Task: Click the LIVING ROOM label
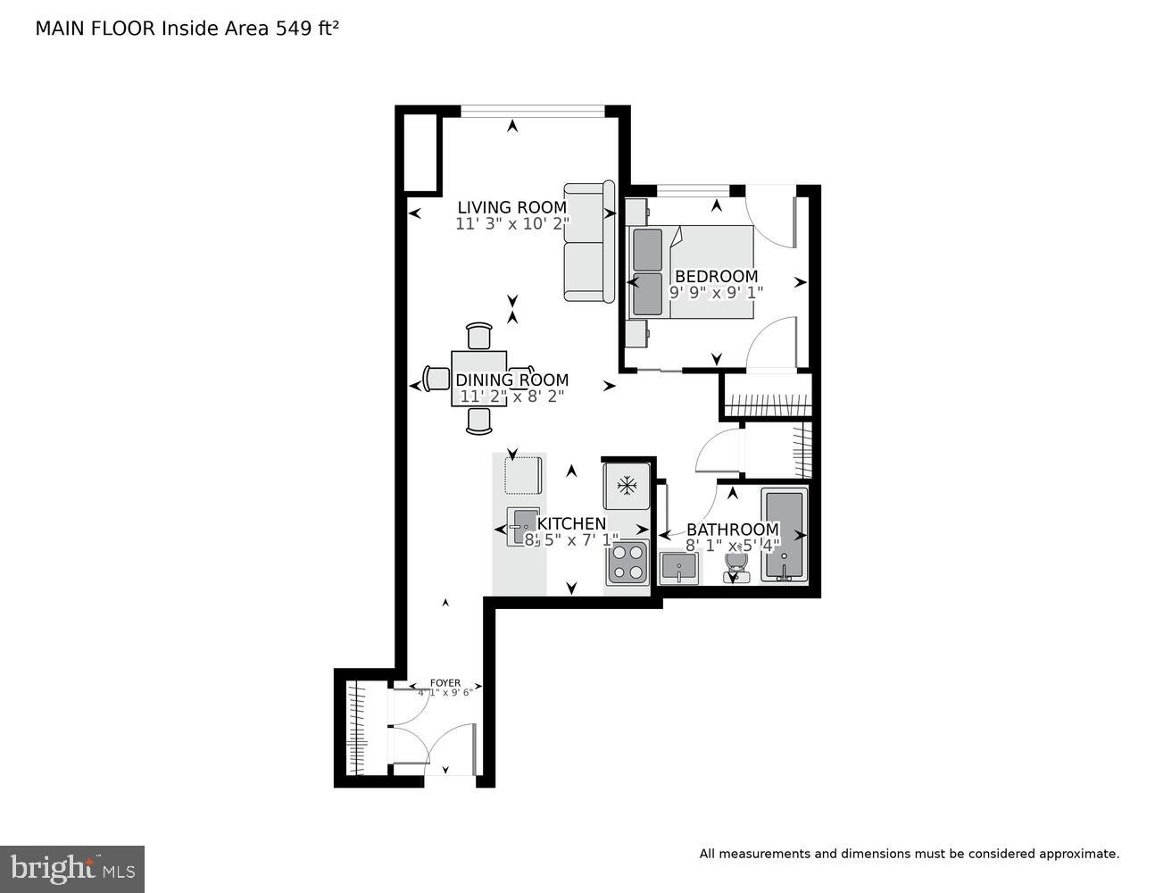click(x=511, y=207)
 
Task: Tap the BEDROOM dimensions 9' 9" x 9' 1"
click(x=716, y=292)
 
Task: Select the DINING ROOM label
click(x=511, y=380)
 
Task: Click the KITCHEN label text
click(x=571, y=524)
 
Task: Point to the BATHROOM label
click(x=732, y=530)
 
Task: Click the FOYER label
click(x=445, y=683)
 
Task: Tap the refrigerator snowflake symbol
click(x=627, y=486)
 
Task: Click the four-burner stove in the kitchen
click(x=627, y=563)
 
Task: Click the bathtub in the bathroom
click(x=784, y=536)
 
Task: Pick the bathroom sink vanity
click(x=679, y=567)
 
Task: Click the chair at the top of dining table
click(x=479, y=336)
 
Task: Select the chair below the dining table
click(x=479, y=421)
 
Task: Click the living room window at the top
click(x=532, y=111)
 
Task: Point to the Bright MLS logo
click(x=72, y=868)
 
